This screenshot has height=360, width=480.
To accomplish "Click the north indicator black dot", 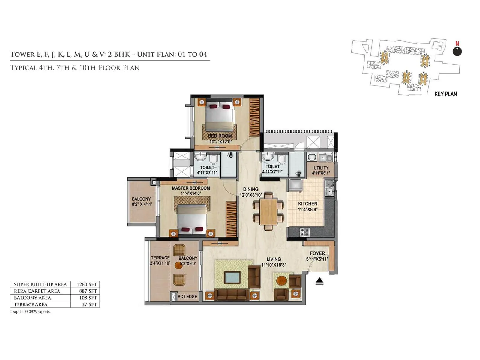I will (457, 52).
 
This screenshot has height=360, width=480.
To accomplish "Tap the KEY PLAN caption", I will (445, 94).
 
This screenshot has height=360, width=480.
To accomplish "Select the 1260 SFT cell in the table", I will (87, 284).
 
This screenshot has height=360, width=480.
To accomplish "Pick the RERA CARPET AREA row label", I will (37, 291).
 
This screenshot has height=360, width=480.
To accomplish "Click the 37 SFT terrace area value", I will (89, 304).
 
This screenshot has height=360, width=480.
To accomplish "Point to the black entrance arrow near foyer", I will (319, 281).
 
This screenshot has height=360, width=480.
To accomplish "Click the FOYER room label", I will (317, 253).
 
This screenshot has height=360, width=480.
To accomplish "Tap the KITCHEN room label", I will (307, 204).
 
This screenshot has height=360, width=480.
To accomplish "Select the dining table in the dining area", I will (268, 211).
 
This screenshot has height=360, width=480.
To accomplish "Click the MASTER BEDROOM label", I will (191, 188).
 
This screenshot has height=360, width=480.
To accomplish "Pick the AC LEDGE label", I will (187, 296).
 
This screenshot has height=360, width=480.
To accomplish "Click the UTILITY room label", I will (321, 168).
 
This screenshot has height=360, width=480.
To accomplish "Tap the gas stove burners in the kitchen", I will (304, 231).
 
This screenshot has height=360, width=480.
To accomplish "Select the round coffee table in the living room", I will (282, 281).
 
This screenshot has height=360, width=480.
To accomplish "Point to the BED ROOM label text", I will (220, 136).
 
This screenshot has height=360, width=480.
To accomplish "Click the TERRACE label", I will (160, 258).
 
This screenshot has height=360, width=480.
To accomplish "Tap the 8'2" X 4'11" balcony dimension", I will (142, 204).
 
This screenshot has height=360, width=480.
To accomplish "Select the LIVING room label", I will (274, 259).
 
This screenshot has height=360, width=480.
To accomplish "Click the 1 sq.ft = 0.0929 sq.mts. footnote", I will (30, 311).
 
